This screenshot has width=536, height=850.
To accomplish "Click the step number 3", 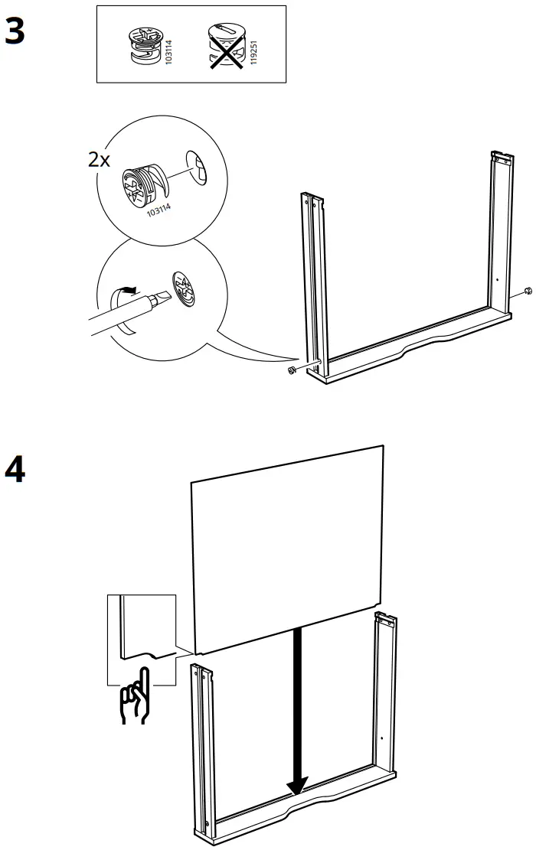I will (x=15, y=32).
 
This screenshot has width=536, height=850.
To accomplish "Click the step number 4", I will (x=15, y=470).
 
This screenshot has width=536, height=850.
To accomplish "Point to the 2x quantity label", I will (x=100, y=160).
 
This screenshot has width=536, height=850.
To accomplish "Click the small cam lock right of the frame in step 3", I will (x=528, y=290).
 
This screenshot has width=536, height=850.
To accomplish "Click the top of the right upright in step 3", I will (x=501, y=158).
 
